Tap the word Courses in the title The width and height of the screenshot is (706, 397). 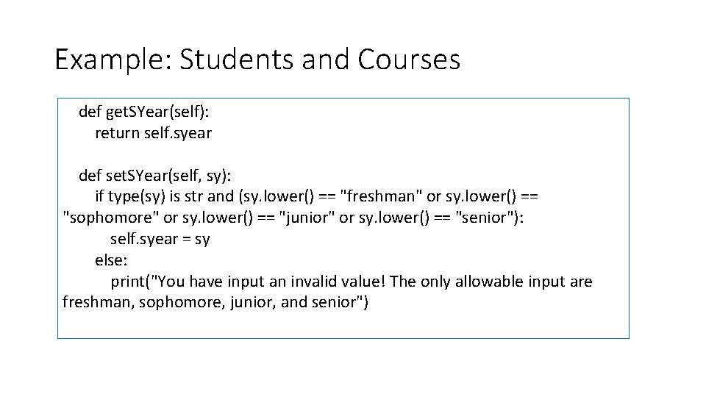pyautogui.click(x=409, y=60)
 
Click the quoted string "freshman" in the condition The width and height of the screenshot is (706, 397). pyautogui.click(x=382, y=197)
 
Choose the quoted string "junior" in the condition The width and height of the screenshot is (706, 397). pyautogui.click(x=308, y=218)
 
